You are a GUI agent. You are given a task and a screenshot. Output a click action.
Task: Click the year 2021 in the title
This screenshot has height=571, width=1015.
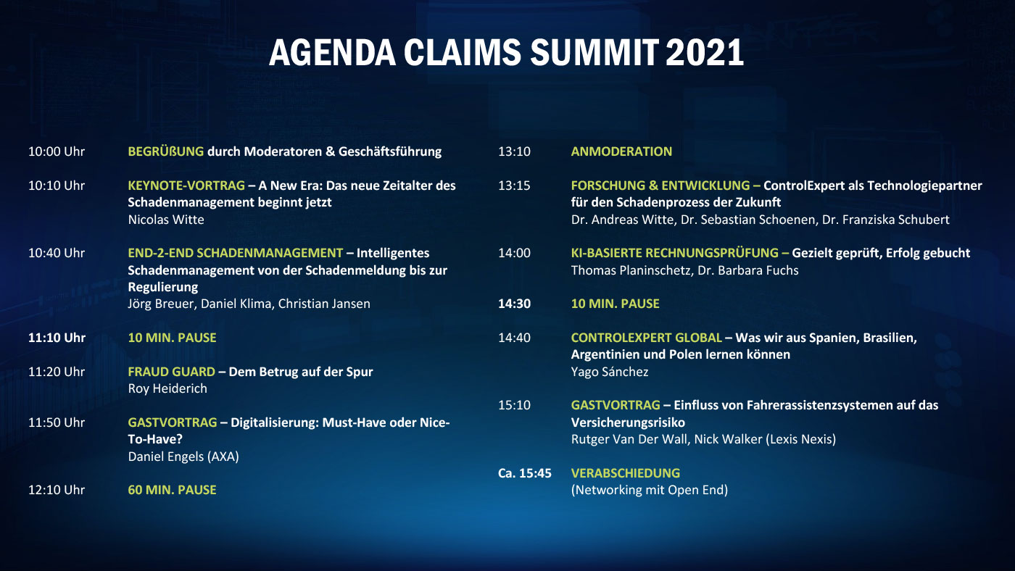705,52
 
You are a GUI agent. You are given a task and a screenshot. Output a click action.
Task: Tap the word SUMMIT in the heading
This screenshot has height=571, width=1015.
594,52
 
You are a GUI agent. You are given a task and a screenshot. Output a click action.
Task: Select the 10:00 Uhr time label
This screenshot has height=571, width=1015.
57,151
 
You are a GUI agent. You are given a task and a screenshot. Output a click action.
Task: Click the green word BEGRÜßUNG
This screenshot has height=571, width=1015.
166,151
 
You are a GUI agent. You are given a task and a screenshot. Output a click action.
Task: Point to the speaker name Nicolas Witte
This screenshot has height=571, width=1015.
166,220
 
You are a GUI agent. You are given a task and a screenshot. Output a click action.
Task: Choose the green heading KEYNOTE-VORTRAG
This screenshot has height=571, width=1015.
186,186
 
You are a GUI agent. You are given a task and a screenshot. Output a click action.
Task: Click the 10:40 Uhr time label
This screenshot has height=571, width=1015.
57,253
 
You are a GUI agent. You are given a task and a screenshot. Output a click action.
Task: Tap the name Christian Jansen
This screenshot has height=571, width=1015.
324,304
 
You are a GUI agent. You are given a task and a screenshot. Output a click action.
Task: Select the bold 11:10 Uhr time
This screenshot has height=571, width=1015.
57,338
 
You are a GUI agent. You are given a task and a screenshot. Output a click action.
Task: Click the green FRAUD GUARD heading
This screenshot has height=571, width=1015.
171,372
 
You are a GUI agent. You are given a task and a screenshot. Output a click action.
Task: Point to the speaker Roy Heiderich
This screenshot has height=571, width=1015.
167,388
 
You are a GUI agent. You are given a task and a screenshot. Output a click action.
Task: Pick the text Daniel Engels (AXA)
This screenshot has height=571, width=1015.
183,457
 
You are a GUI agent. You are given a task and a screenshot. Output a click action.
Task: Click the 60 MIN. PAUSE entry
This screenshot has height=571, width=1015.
173,490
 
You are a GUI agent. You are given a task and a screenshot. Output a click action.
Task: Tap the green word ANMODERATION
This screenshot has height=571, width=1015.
622,151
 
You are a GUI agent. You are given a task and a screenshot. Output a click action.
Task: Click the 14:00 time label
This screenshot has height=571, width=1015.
514,253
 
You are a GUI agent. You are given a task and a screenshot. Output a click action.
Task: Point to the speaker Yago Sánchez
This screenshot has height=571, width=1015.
610,372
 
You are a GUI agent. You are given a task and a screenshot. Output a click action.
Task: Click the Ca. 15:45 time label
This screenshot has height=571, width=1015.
525,473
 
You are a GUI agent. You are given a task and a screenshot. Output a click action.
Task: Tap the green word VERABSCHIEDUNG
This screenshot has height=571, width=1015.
626,473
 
